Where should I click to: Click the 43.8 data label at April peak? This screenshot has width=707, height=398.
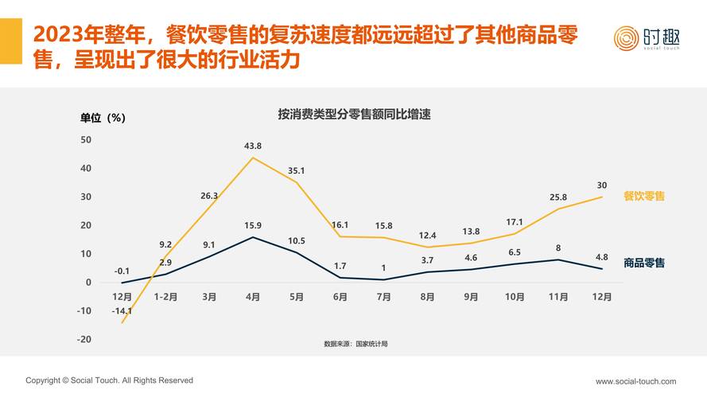[253, 146]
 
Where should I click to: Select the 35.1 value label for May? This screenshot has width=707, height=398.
[297, 170]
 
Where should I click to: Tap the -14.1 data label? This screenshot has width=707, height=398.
[122, 311]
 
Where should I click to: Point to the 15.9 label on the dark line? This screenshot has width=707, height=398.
[253, 225]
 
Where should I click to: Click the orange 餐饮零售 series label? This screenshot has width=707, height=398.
[644, 196]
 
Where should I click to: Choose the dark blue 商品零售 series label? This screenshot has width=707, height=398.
[644, 263]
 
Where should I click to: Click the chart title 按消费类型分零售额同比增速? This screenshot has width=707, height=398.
[354, 115]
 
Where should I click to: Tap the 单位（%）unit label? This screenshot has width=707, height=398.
[103, 118]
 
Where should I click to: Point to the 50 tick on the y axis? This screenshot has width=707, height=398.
[86, 140]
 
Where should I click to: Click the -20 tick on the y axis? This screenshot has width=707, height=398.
[84, 339]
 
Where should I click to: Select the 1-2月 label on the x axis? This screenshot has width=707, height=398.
[165, 297]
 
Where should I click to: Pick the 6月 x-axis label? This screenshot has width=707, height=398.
[340, 297]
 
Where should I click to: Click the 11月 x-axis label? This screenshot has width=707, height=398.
[558, 297]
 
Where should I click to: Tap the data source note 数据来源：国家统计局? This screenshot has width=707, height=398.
[355, 344]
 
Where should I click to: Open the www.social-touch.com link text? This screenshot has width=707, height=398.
[635, 381]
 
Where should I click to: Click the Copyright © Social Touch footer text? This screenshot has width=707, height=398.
[109, 380]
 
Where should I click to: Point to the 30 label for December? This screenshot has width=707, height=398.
[602, 185]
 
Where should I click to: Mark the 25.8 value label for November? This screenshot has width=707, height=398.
[558, 197]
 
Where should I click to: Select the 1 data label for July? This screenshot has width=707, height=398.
[383, 268]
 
